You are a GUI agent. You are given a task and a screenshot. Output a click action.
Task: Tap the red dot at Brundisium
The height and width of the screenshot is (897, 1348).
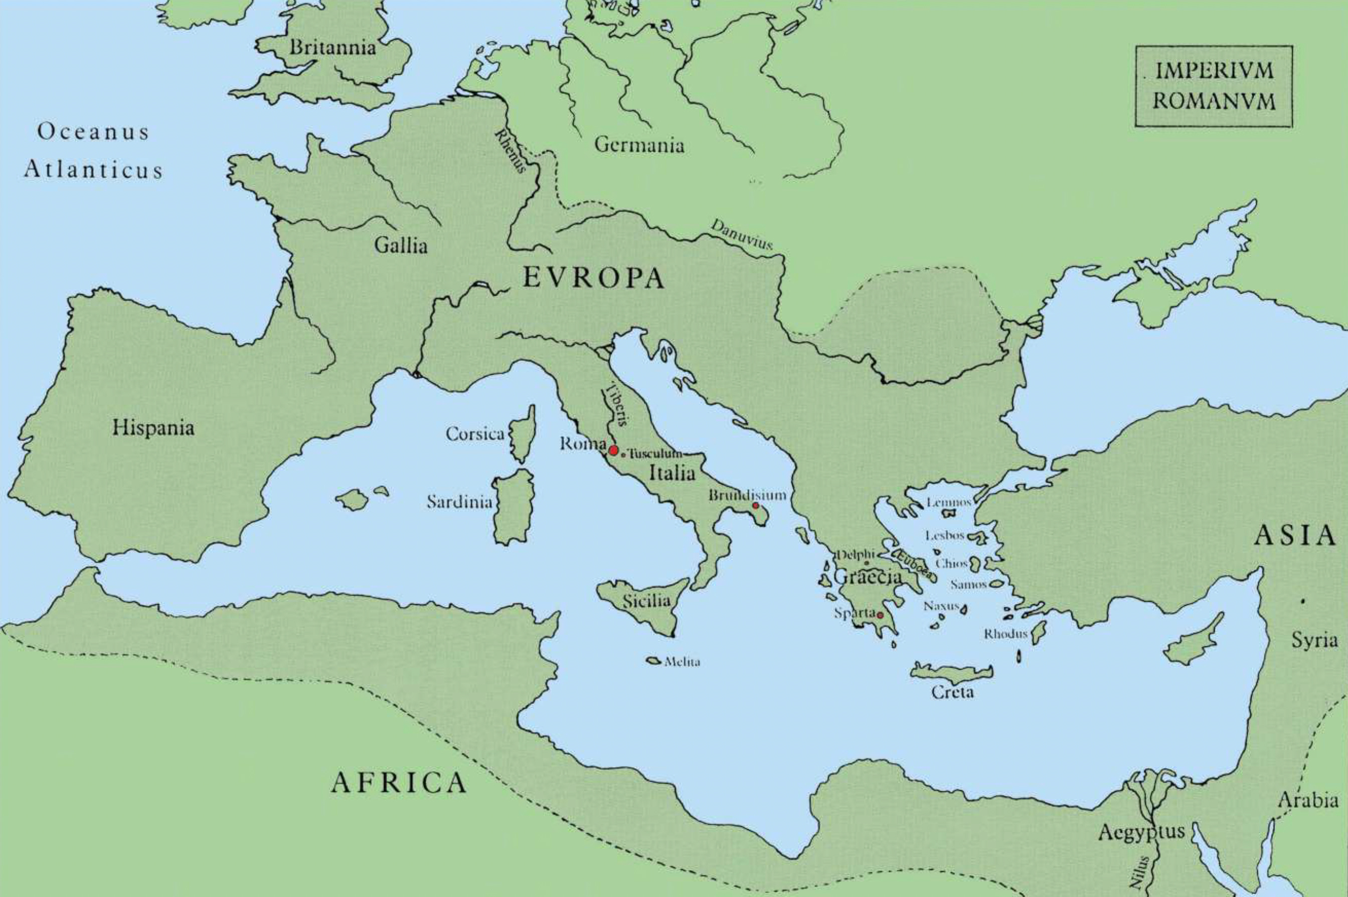(756, 506)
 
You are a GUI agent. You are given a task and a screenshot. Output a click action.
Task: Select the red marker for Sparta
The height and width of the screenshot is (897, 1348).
(880, 615)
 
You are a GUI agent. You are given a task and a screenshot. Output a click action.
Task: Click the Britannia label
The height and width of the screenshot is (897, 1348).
(332, 48)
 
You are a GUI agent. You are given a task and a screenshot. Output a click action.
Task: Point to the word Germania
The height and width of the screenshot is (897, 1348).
(639, 145)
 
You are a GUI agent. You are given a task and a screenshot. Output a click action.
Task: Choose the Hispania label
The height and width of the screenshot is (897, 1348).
(153, 428)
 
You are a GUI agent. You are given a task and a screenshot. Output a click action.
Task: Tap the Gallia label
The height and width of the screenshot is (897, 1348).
(401, 246)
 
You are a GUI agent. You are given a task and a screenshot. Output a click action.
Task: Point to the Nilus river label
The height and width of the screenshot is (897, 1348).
(1141, 871)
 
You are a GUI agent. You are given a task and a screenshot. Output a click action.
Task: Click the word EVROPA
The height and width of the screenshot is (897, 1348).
(594, 279)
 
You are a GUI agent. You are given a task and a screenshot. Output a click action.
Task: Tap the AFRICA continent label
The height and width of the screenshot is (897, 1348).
(399, 783)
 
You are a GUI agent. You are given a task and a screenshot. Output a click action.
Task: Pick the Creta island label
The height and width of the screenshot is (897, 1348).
(952, 692)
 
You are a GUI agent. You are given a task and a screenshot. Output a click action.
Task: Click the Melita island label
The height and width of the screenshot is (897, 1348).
(683, 662)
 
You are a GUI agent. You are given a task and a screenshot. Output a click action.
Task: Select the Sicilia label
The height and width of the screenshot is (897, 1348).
(646, 601)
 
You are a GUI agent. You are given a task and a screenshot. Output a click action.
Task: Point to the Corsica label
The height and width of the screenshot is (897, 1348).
(474, 434)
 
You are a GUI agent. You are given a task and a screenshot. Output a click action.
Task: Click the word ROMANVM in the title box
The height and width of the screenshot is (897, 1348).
(1214, 101)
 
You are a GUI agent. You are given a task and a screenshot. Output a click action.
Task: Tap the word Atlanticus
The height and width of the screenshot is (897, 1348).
(94, 170)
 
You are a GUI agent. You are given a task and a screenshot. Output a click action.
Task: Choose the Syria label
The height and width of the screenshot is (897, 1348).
(1314, 640)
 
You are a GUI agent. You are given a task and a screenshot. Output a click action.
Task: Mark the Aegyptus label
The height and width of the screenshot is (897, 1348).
(1141, 831)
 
